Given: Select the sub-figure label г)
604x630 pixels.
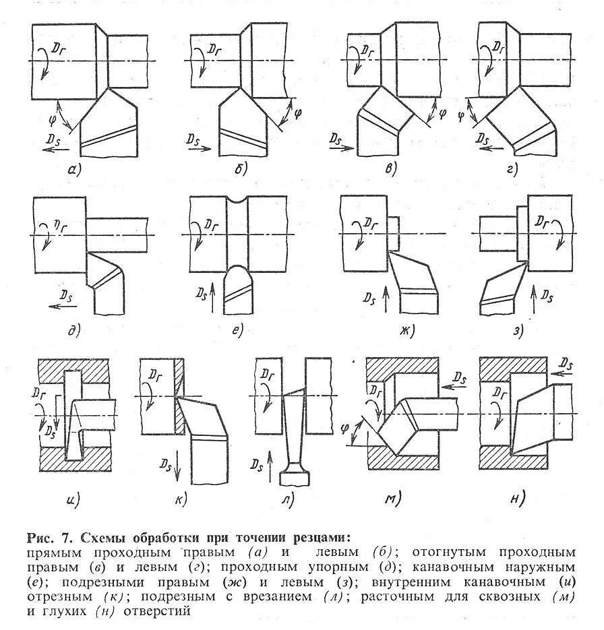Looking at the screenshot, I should coord(512,169).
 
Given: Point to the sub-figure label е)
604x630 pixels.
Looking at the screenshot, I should coord(235,330).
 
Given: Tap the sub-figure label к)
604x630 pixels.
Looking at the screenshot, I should coord(180,499).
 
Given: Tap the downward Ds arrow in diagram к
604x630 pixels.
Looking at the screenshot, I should coord(177,466).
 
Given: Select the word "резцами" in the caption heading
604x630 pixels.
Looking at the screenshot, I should coord(320,538).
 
